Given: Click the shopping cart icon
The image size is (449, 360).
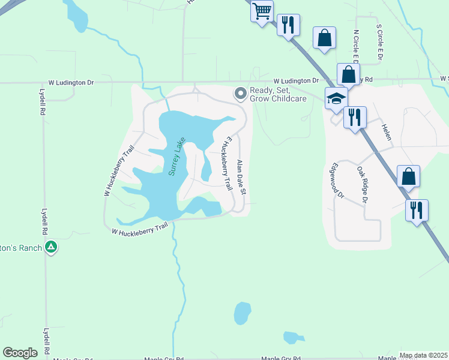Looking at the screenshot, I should pos(262,11).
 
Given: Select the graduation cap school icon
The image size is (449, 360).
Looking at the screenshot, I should pos(336,98).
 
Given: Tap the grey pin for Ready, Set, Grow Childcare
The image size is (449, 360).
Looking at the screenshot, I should pos(240,94).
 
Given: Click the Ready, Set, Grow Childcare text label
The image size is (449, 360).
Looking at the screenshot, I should pos(278,94).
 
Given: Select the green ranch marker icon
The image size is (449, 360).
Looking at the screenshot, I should pos(52,247).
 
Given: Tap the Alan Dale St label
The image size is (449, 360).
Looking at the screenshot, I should pos(242,178).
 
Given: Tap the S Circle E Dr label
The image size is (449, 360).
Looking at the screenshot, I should pos(379,42).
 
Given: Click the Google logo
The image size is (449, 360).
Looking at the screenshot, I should pos(20,353).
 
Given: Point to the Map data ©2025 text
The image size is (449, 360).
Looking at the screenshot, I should pos(423,355).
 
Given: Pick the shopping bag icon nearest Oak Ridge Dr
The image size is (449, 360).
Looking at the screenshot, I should pos(408,177).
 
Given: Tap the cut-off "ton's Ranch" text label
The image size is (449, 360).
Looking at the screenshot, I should pos(21,247).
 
